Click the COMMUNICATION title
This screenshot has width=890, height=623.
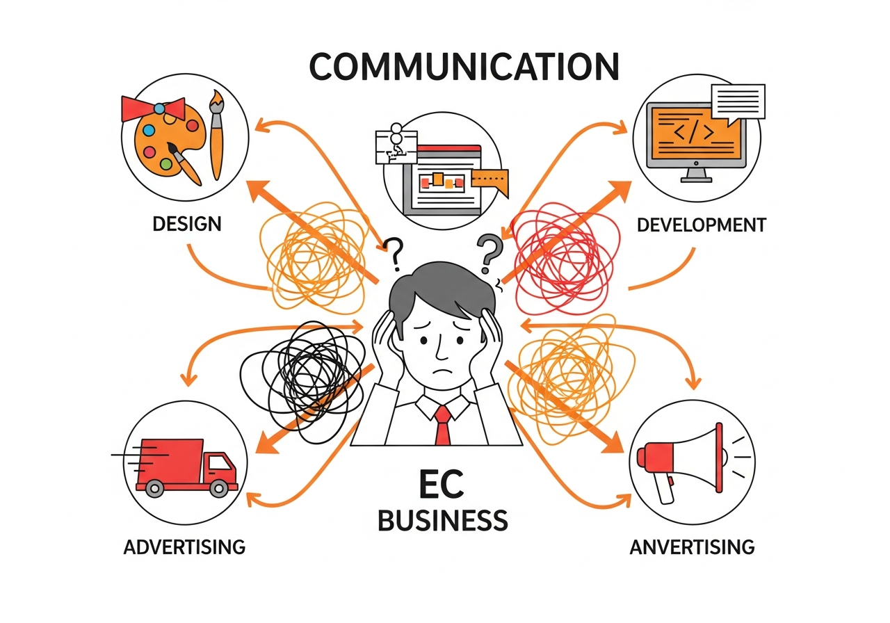464,67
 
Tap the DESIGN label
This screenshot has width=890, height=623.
186,224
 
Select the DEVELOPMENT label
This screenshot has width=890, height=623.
701,225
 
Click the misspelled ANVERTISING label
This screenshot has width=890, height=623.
692,547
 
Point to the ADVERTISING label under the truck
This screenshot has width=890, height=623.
184,547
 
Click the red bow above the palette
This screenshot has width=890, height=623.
153,108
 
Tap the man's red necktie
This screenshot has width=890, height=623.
442,425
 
